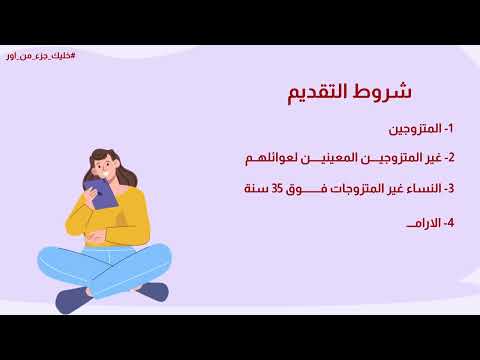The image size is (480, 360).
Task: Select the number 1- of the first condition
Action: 448,129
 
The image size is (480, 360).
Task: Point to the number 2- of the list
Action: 448,158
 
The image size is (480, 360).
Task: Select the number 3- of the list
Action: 448,188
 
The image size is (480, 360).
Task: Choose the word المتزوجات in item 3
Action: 344,188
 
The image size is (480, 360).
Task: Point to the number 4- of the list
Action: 448,222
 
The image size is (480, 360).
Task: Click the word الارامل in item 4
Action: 415,222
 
